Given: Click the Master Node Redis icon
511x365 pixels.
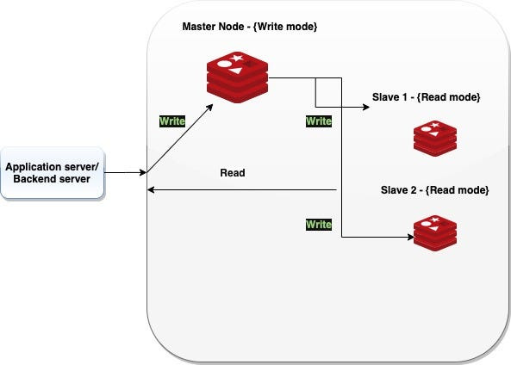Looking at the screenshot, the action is point(237,77).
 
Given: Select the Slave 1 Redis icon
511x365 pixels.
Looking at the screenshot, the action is point(435,139).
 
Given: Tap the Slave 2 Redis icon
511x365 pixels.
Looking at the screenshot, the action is point(435,232).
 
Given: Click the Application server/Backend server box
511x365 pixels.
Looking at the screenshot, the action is point(53,172).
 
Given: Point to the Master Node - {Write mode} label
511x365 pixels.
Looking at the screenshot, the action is point(250,27).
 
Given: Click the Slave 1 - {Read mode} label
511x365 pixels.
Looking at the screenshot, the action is point(426,97).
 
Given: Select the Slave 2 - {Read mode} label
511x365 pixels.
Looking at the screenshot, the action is point(435,190).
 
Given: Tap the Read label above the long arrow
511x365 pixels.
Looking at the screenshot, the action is point(233,172).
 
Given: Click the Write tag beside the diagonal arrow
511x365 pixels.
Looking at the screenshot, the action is point(172,121).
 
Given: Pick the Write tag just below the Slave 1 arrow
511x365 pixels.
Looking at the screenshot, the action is point(319,121).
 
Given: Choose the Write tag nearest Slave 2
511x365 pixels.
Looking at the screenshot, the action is point(319,225).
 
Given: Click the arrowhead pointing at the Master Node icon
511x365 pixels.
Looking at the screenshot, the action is point(209,108).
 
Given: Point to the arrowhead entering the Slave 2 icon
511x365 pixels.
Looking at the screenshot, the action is point(411,237).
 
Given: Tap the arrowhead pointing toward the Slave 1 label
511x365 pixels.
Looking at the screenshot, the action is point(366,107).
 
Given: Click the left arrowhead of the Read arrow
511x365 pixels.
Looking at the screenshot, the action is point(151,189).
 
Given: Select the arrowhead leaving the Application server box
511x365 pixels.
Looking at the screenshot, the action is point(143,172).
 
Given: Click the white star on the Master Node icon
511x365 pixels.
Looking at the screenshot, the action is point(236,59).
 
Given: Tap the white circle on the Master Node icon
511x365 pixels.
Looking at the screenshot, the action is point(224,64).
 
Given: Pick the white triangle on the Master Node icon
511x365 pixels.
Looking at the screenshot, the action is point(235,71).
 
